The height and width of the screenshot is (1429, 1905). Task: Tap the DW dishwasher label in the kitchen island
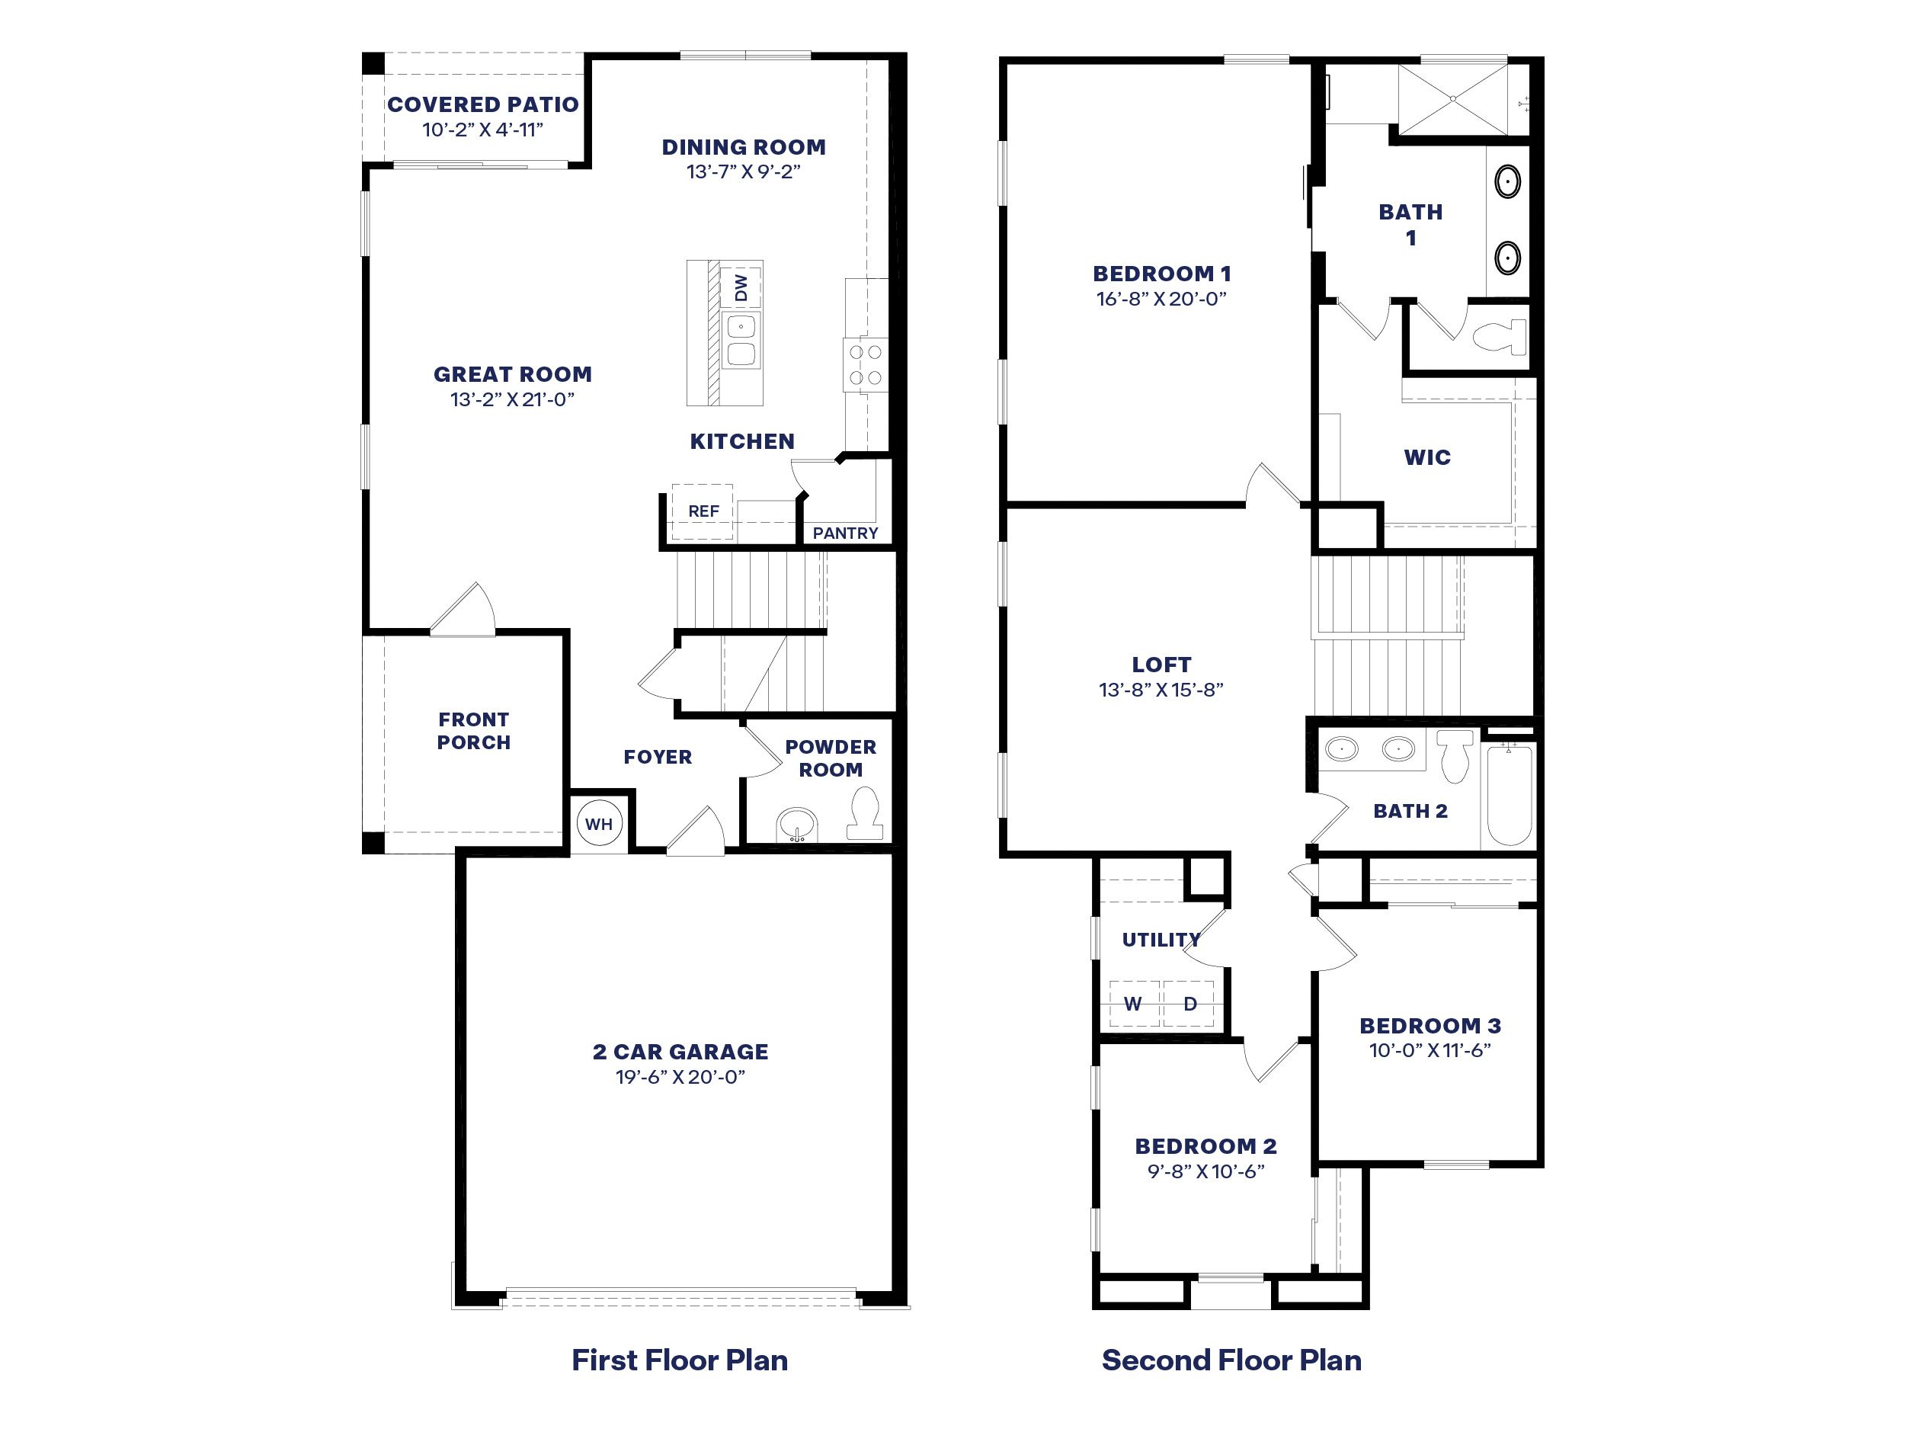pyautogui.click(x=741, y=287)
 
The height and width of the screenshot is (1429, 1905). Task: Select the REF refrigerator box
pyautogui.click(x=703, y=511)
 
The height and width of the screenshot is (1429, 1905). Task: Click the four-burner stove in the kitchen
pyautogui.click(x=866, y=364)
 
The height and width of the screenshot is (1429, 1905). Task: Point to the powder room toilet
pyautogui.click(x=865, y=813)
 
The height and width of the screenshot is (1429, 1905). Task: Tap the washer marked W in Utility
pyautogui.click(x=1134, y=1004)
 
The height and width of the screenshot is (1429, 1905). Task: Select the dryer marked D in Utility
pyautogui.click(x=1189, y=1004)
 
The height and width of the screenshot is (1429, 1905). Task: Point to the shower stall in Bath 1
pyautogui.click(x=1453, y=98)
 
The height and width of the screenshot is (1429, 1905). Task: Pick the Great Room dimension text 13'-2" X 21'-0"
pyautogui.click(x=512, y=399)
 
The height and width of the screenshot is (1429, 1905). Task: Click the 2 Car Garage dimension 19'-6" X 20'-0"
pyautogui.click(x=680, y=1077)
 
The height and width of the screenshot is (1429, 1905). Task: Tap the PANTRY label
pyautogui.click(x=846, y=533)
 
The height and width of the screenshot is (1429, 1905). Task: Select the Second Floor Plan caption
pyautogui.click(x=1231, y=1360)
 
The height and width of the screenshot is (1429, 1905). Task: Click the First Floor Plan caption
pyautogui.click(x=680, y=1360)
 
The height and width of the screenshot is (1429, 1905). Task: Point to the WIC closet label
pyautogui.click(x=1427, y=457)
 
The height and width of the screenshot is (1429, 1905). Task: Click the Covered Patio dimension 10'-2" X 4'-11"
pyautogui.click(x=482, y=130)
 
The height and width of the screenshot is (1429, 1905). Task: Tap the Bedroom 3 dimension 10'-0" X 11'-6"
pyautogui.click(x=1430, y=1050)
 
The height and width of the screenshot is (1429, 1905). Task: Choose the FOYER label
pyautogui.click(x=658, y=757)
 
